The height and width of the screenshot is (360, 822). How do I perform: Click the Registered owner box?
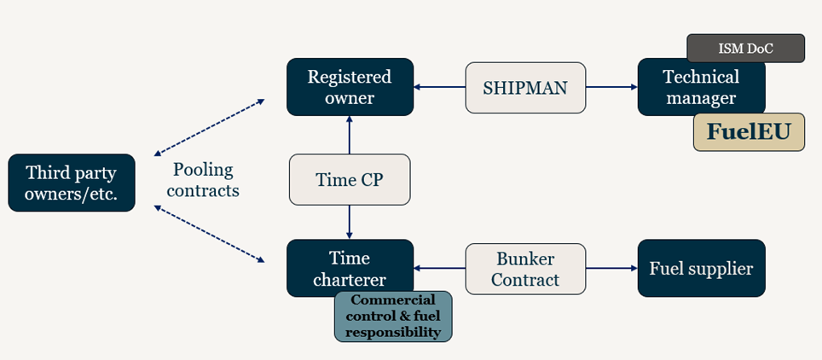coord(350,87)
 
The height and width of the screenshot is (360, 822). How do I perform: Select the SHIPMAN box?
coord(525,87)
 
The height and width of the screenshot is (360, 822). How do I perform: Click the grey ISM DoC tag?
coord(745,48)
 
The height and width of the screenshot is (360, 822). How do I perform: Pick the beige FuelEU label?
coord(749,132)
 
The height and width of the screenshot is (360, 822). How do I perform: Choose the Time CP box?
coord(350,180)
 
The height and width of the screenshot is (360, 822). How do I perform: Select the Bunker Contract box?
coord(525,268)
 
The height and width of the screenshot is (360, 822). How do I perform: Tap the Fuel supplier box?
coord(701,268)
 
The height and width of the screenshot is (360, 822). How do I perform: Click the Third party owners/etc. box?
coord(72,183)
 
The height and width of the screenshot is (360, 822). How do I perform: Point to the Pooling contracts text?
coord(203,180)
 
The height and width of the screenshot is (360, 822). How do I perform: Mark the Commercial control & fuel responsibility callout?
coord(393,316)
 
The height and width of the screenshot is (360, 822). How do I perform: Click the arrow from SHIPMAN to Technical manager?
coord(611,87)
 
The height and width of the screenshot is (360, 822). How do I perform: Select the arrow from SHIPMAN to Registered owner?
coord(440,87)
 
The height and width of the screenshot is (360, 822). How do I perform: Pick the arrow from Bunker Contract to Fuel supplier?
coord(611,268)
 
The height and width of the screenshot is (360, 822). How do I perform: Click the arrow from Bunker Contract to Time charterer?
coord(440,268)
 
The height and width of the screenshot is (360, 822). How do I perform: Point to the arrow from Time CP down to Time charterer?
coord(350,222)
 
